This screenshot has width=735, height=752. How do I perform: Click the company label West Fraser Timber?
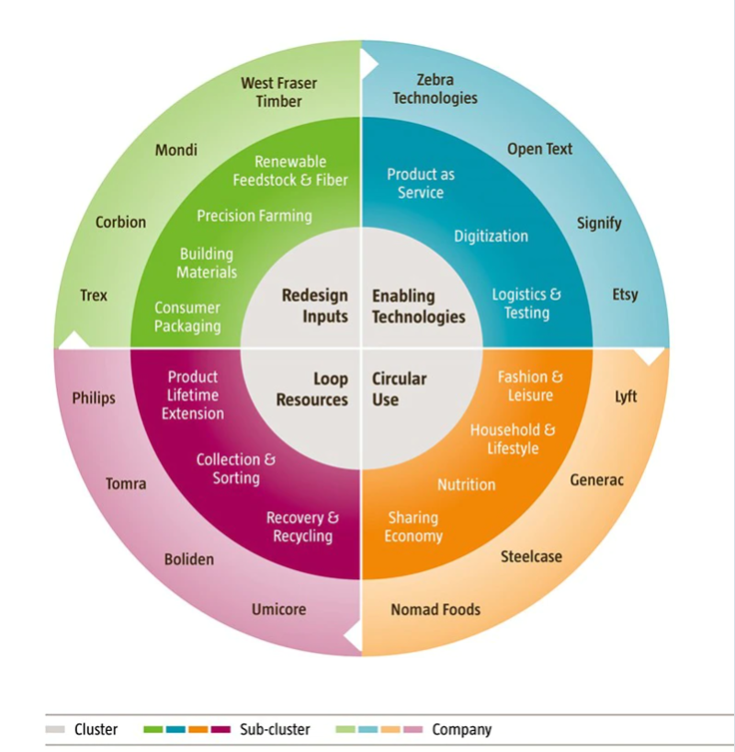pos(278,92)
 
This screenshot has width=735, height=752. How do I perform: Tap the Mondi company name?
pos(175,150)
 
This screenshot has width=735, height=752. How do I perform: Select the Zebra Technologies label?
pos(435,89)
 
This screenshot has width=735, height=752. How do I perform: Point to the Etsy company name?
pos(625,295)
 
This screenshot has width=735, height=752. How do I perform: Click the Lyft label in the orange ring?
pos(626,397)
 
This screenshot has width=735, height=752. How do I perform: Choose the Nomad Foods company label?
pos(435,610)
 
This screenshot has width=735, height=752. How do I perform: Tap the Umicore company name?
pos(278,610)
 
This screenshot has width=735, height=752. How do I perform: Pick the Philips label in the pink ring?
pos(94,399)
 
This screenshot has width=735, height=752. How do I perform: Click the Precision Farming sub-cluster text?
pos(254,216)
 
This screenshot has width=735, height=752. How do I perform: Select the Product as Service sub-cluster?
pos(421,183)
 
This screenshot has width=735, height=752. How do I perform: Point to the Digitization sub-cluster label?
pos(491,236)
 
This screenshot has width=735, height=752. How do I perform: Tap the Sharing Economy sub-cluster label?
pos(413,527)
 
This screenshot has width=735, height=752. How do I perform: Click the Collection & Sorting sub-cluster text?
pos(235,469)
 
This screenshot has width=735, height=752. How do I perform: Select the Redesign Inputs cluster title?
pos(314,306)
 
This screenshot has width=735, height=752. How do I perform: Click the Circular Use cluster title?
pos(400,388)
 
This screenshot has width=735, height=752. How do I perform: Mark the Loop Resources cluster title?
pos(312,389)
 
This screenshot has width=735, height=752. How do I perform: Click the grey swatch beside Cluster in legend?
pos(55,730)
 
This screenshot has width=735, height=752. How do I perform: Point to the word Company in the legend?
pos(462,730)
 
